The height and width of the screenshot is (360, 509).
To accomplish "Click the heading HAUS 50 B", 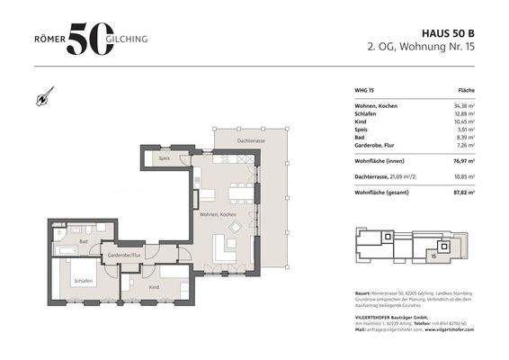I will (x=442, y=31).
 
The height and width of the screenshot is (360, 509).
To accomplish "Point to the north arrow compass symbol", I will (x=43, y=96).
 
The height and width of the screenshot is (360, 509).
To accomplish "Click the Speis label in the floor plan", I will (x=165, y=158).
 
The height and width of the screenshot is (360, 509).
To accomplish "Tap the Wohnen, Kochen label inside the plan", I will (x=217, y=215).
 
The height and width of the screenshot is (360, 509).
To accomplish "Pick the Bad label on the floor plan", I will (x=83, y=241).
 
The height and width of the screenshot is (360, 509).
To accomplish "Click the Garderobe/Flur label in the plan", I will (x=125, y=256).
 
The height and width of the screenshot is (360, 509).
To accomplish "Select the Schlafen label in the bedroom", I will (x=84, y=280).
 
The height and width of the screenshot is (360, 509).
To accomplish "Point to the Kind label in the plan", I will (x=153, y=287).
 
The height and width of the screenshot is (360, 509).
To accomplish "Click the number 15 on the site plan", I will (x=433, y=256).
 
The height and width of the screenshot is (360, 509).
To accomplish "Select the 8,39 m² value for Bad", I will (x=464, y=136).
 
